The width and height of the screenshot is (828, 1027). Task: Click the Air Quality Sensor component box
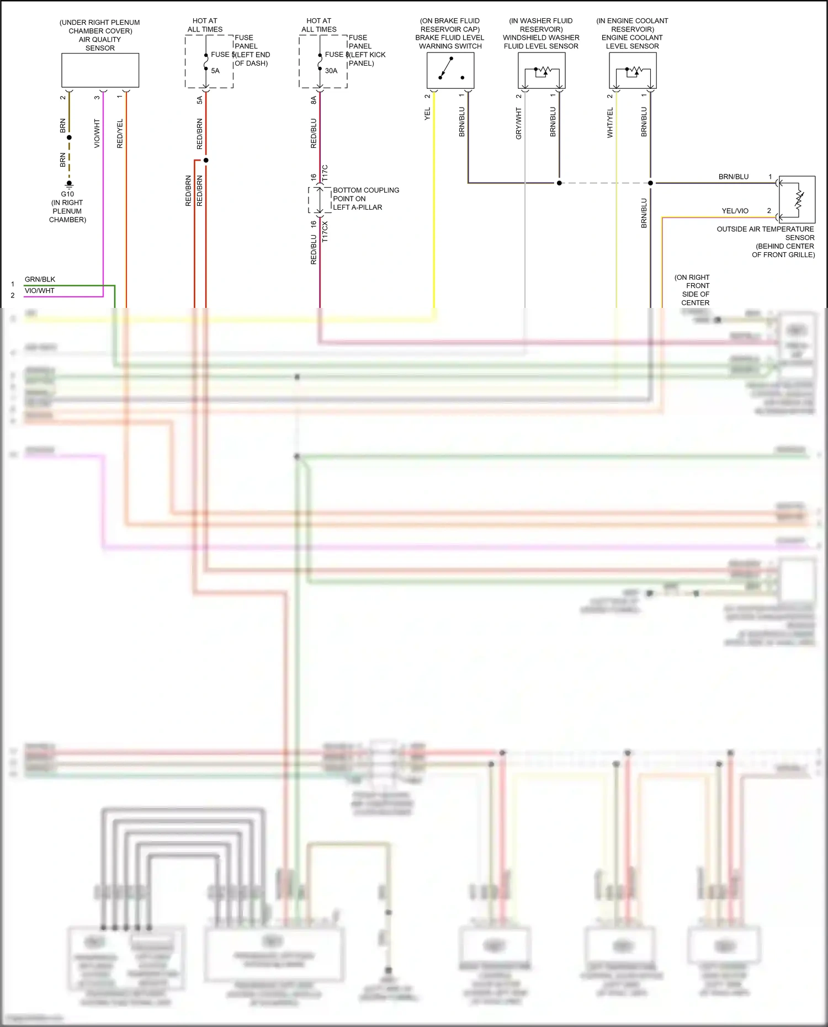pos(100,70)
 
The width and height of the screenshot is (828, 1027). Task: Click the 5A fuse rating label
pos(215,71)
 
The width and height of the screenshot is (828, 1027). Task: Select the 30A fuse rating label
pos(331,71)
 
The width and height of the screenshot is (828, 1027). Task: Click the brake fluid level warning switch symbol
pos(450,70)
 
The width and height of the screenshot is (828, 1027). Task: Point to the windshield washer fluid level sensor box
pos(542,71)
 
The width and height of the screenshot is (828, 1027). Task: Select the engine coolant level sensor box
pos(633,71)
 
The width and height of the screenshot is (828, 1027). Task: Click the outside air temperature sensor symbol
pos(797,199)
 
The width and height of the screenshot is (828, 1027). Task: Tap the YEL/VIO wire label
pos(735,211)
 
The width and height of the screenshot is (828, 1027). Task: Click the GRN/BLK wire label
pos(40,279)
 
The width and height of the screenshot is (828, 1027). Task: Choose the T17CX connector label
pos(325,232)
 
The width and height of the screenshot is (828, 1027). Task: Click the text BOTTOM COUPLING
pos(366,190)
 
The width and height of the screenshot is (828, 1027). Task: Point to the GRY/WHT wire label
pos(518,123)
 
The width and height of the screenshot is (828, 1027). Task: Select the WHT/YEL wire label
pos(610,123)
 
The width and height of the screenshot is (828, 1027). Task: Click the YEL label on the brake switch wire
pos(427,114)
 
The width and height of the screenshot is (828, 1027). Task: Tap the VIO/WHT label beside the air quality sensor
pos(97,134)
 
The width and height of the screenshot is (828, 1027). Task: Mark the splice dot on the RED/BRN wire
pos(206,160)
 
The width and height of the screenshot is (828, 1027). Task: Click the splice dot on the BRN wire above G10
pos(69,137)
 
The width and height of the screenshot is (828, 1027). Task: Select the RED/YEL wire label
pos(120,134)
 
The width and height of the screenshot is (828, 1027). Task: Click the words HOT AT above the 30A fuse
pos(319,20)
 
